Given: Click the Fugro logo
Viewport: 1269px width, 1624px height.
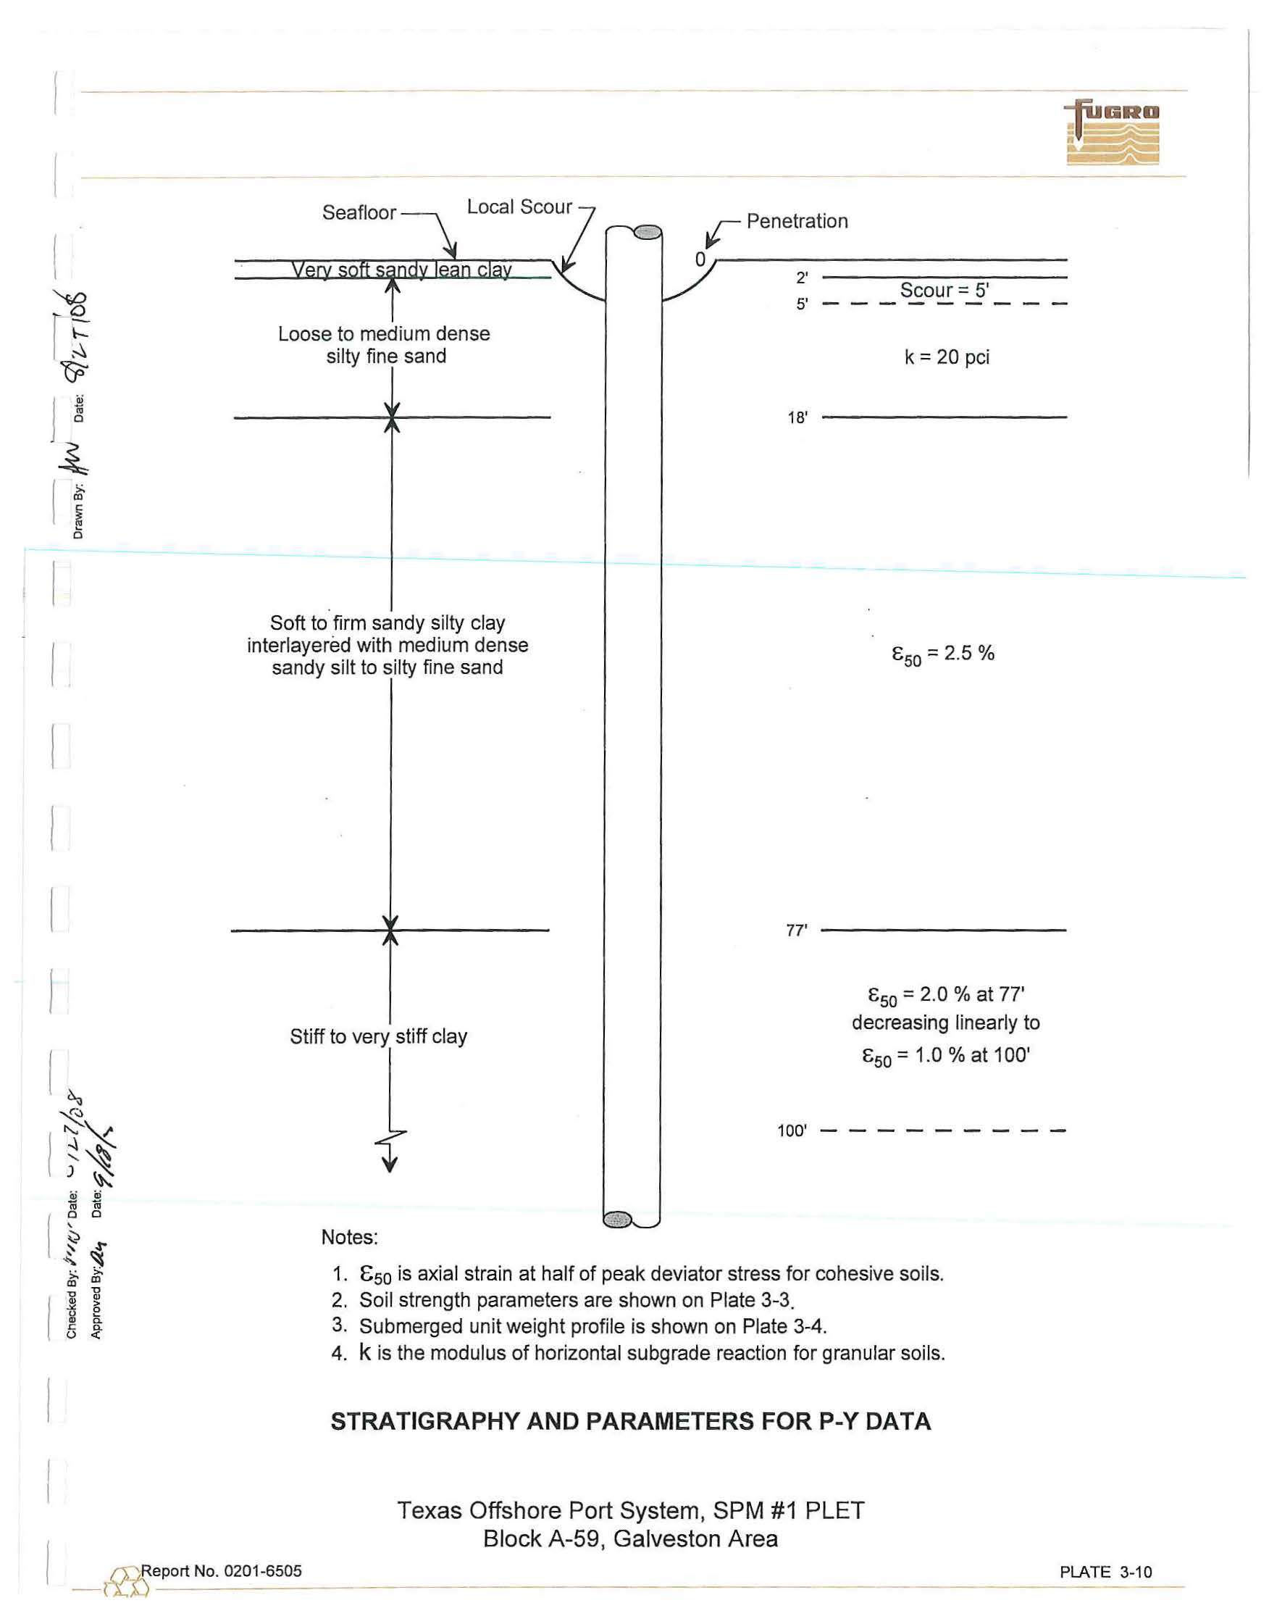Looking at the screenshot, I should tap(1112, 133).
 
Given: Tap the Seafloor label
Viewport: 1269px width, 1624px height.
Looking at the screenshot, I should tap(359, 212).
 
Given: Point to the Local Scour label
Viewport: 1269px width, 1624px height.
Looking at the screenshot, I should tap(519, 207).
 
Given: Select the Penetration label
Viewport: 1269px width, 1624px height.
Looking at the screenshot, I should tap(797, 221).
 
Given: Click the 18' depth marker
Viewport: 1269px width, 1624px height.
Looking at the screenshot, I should tap(797, 418).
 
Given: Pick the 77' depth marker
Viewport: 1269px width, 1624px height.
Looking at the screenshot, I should tap(796, 930).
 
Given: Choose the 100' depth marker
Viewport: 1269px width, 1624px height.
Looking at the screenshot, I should tap(792, 1131).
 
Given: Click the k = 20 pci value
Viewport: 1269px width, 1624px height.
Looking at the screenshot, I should tap(947, 357).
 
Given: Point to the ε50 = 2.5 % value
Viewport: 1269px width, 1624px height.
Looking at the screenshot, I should tap(942, 654).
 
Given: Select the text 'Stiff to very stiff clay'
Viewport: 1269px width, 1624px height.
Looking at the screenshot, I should tap(378, 1036).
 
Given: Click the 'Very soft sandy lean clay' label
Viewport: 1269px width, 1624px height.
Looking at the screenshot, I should tap(401, 270).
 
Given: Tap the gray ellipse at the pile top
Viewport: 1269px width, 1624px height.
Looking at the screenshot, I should tap(647, 232).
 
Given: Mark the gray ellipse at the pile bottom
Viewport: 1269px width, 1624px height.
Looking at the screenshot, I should tap(617, 1219).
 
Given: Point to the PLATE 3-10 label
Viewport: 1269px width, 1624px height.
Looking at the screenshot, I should tap(1105, 1572).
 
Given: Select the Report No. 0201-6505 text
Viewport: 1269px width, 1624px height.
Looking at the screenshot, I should tap(222, 1571).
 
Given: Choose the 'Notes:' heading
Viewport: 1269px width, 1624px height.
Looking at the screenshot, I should tap(349, 1237).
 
